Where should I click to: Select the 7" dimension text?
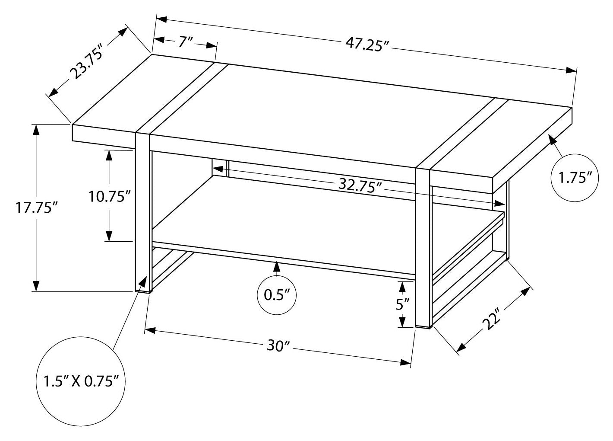[185, 42]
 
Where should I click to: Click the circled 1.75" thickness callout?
[575, 177]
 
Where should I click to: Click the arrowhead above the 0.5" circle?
[277, 267]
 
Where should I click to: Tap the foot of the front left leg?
[143, 292]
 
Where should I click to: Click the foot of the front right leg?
[423, 326]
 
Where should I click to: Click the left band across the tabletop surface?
[181, 97]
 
